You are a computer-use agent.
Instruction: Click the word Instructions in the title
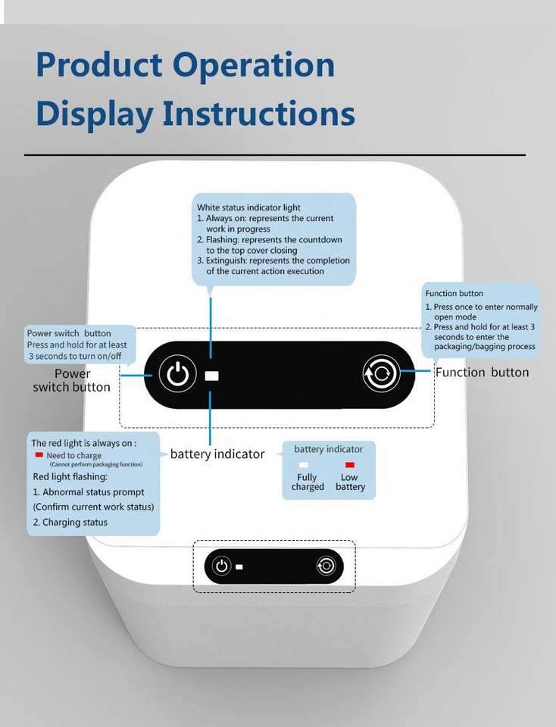point(259,114)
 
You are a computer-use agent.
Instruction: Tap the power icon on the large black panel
point(176,375)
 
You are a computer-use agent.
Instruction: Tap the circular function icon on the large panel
point(380,373)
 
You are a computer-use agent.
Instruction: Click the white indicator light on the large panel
point(211,376)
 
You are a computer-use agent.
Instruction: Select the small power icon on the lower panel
point(221,566)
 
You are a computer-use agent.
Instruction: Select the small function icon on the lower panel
point(326,566)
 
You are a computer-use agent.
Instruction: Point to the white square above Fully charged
point(304,465)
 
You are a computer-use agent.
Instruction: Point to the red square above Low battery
point(350,465)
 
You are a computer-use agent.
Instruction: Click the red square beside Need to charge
point(39,455)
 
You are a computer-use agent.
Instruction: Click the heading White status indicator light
point(248,207)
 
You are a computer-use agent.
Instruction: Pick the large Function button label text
point(482,372)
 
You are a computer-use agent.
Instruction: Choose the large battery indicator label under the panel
point(217,454)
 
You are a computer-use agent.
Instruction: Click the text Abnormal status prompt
point(92,492)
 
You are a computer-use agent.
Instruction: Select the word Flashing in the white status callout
point(226,239)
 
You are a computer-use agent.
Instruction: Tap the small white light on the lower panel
point(239,566)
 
